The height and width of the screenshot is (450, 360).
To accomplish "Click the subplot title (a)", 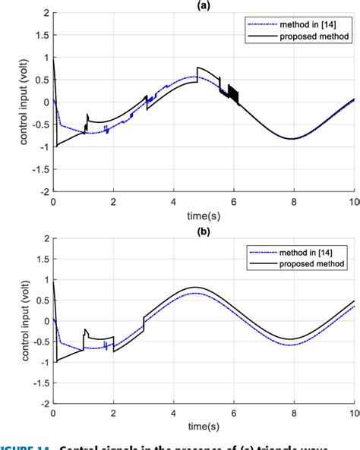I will tap(204, 5).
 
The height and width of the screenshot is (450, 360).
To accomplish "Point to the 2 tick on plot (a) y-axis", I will tap(46, 14).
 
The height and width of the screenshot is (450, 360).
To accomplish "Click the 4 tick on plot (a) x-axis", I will tap(173, 202).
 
